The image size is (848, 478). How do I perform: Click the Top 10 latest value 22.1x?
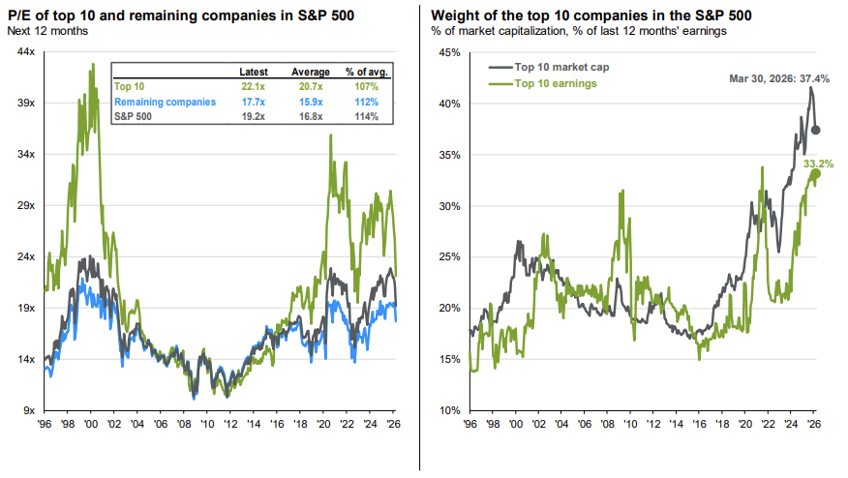point(254,87)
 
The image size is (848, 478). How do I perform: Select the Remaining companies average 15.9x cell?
point(306,102)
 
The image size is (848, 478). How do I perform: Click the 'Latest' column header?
point(254,73)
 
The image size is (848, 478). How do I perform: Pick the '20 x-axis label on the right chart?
point(743,423)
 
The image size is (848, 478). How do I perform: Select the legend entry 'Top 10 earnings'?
point(557,83)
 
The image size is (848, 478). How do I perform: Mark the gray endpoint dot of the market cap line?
point(816,130)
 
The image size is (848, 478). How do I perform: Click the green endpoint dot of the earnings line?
point(815,174)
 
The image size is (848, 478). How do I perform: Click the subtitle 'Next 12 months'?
point(48,31)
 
